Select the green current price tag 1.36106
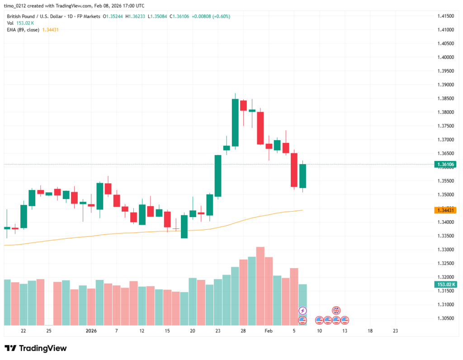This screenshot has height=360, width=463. (444, 165)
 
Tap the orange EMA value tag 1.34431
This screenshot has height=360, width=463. (444, 210)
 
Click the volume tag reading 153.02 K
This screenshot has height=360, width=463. (444, 284)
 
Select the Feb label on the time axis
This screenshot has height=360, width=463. (269, 331)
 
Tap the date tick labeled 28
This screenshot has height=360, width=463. (243, 331)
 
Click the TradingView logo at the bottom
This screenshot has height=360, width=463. (36, 348)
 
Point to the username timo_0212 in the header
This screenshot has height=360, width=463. (16, 6)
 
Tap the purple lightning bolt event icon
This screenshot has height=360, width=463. (303, 311)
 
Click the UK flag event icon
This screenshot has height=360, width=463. (336, 311)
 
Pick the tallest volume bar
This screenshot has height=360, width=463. (260, 286)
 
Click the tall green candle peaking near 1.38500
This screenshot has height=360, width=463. (235, 123)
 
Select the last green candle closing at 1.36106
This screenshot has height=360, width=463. (302, 176)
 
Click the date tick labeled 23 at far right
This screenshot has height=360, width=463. (395, 331)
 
